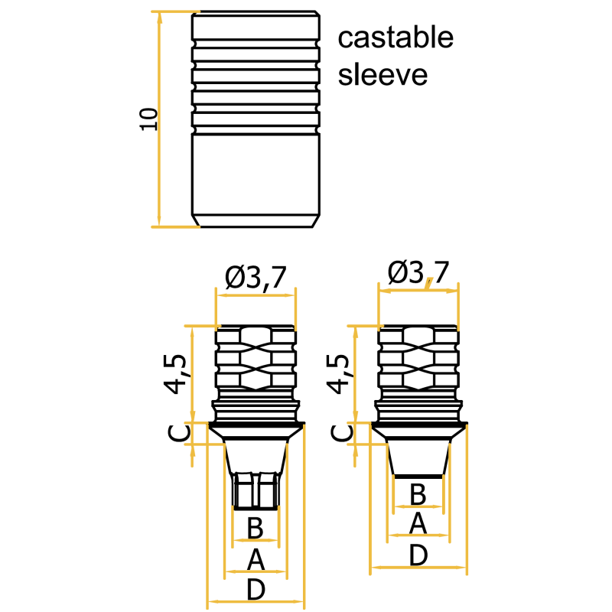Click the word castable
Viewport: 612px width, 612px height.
[x=396, y=37]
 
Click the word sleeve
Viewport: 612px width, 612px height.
[x=382, y=74]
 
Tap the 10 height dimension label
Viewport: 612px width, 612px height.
[x=148, y=119]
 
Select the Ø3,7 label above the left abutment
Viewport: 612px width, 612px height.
[x=256, y=278]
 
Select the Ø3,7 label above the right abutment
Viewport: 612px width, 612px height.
[x=418, y=272]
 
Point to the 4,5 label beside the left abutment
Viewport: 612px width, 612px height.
[x=176, y=374]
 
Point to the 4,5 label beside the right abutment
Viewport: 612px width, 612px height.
[x=338, y=374]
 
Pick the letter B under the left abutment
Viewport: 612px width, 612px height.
[x=256, y=528]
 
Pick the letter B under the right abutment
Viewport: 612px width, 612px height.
[x=418, y=494]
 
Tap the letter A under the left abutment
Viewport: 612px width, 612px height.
[x=256, y=559]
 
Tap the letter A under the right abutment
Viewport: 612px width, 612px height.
[x=418, y=523]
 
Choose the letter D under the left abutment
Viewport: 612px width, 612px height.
[x=256, y=589]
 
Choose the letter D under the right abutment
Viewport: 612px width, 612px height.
[x=418, y=555]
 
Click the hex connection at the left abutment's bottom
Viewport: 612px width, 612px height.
[x=256, y=491]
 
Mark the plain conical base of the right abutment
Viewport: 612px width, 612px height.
[x=418, y=460]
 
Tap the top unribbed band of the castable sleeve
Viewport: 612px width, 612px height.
[x=256, y=27]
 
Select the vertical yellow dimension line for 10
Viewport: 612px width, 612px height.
[x=159, y=119]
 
